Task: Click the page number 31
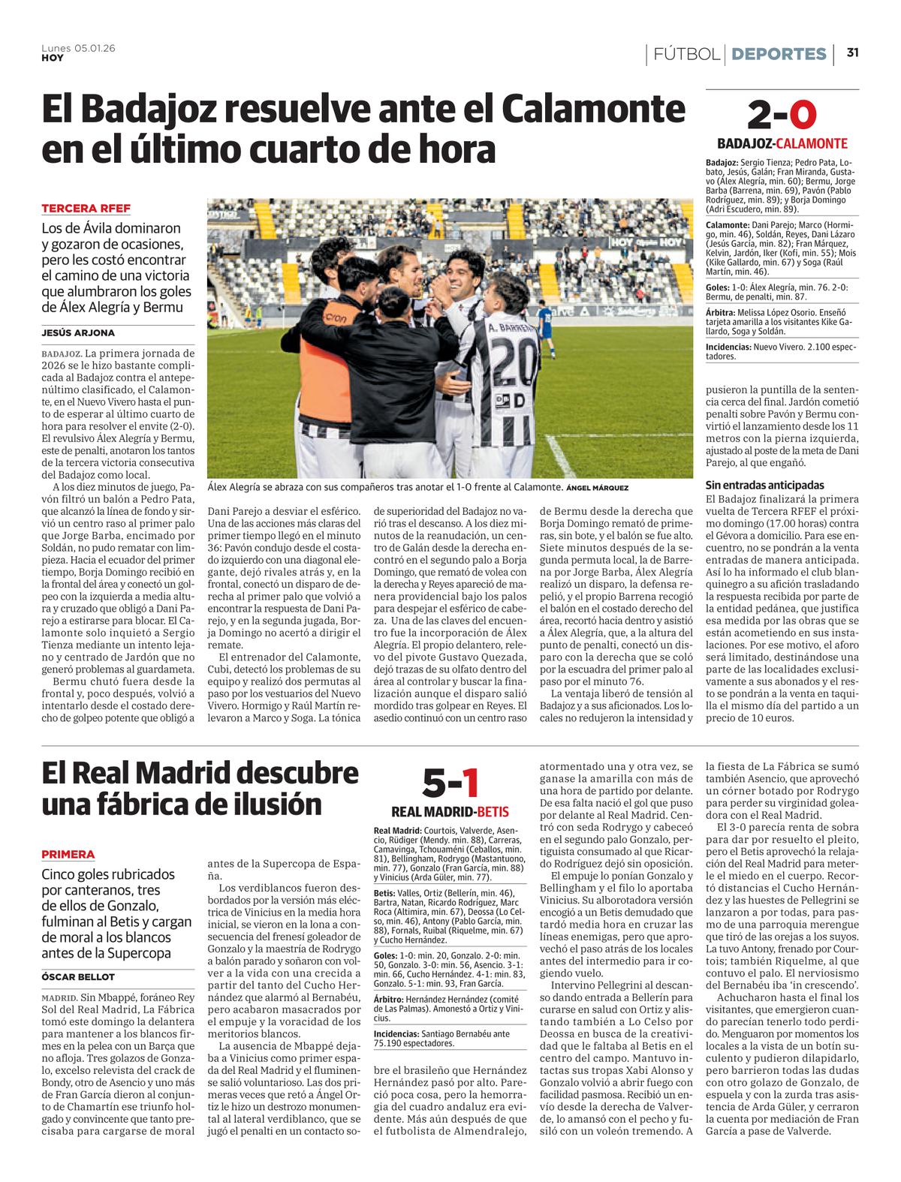852,53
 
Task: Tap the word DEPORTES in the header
779,54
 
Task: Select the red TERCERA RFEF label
86,209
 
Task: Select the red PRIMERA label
68,854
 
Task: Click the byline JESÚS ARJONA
78,332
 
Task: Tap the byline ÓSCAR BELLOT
78,977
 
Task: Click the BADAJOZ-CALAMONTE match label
782,144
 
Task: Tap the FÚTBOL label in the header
686,54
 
